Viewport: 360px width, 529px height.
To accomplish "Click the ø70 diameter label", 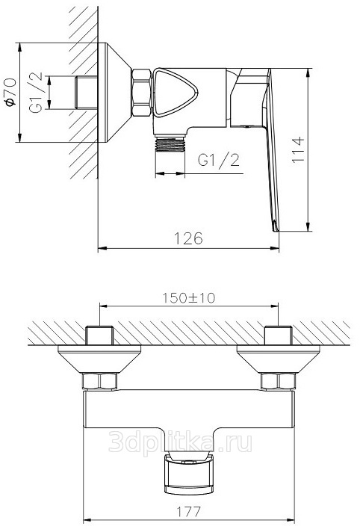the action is pyautogui.click(x=10, y=92).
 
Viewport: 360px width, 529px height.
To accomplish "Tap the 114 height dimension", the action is pyautogui.click(x=298, y=150).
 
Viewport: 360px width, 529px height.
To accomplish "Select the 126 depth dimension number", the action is pyautogui.click(x=188, y=238).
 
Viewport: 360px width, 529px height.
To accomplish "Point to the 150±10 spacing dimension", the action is pyautogui.click(x=189, y=298).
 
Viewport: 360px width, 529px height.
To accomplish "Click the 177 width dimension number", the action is pyautogui.click(x=189, y=512).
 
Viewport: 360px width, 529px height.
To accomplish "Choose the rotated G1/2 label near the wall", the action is pyautogui.click(x=36, y=93).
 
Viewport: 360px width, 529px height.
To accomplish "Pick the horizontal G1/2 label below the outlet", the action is pyautogui.click(x=219, y=160).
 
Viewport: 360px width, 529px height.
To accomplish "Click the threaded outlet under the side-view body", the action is pyautogui.click(x=170, y=143).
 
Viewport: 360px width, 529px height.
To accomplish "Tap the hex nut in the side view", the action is pyautogui.click(x=141, y=93).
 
